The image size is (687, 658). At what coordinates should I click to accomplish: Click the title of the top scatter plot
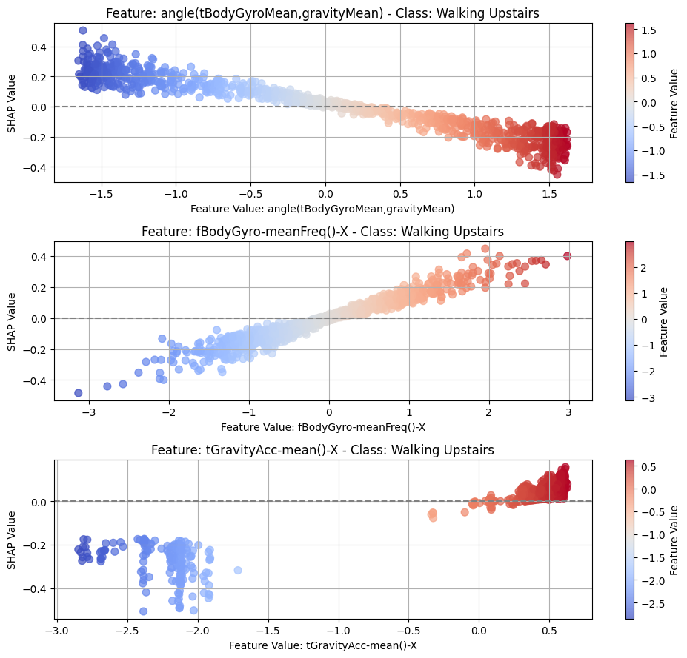pos(323,13)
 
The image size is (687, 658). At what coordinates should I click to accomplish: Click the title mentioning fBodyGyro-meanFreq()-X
pos(323,232)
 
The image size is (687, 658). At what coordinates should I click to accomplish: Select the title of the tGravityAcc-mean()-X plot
pos(323,450)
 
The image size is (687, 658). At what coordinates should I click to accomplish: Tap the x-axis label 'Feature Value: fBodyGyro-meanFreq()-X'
pos(323,427)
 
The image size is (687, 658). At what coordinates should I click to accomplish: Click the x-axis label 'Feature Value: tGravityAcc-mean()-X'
pos(323,645)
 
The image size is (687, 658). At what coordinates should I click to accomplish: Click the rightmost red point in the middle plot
pos(568,256)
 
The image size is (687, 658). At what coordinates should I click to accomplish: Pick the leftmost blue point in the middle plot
pos(79,392)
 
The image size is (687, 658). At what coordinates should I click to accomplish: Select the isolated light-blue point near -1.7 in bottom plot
pos(238,570)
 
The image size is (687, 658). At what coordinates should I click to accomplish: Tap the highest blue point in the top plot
pos(83,30)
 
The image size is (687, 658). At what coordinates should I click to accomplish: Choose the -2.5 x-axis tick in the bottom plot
pos(127,629)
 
